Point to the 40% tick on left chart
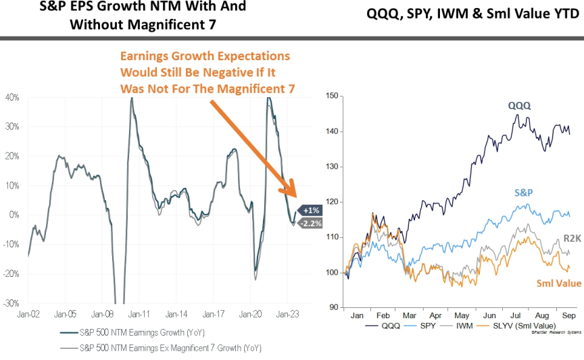point(12,97)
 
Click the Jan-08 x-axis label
point(102,315)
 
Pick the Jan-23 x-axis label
point(287,315)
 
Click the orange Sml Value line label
point(558,284)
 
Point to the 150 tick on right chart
point(331,97)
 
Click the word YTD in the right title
point(564,14)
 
